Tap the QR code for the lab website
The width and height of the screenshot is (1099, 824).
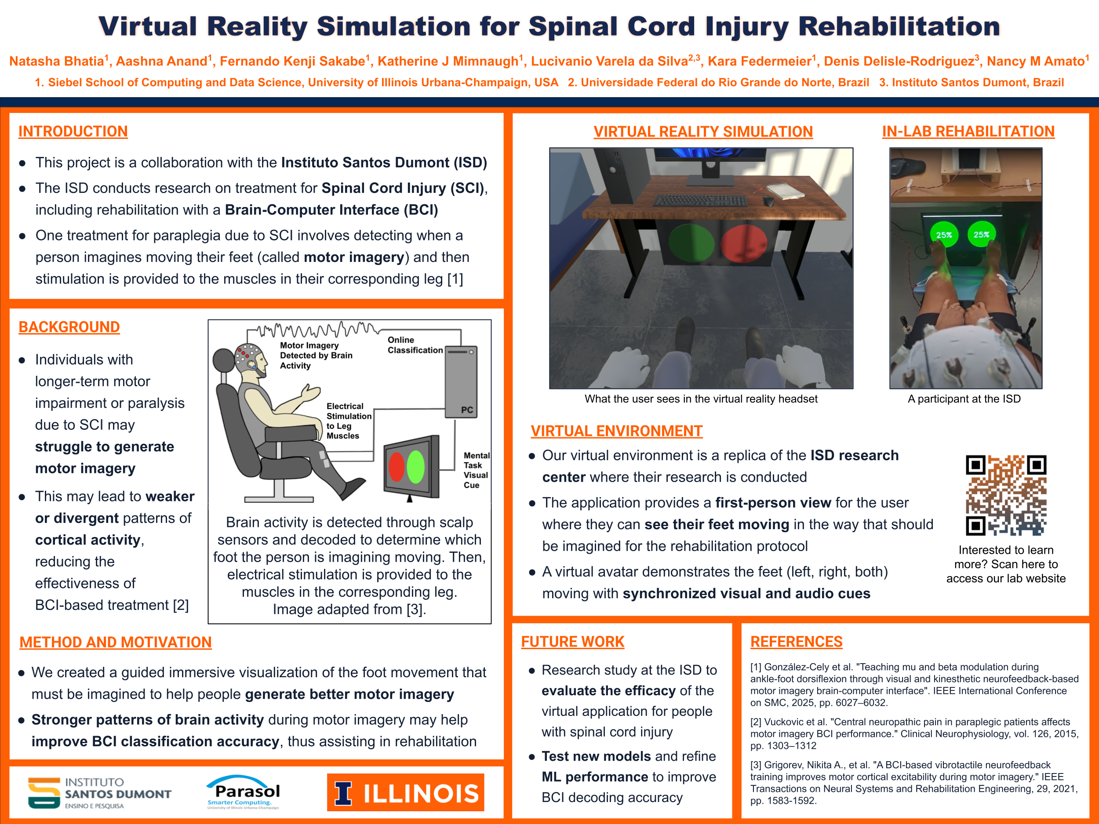pos(1006,495)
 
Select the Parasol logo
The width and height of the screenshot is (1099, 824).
pos(244,792)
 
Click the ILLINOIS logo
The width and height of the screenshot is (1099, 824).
pos(405,792)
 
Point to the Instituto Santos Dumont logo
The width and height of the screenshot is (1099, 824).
pos(99,793)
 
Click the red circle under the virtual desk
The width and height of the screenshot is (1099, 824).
pos(743,243)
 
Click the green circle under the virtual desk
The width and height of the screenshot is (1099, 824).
pos(691,243)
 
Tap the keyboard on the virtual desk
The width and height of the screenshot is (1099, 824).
pos(700,201)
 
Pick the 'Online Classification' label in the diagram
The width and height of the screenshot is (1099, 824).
pos(415,345)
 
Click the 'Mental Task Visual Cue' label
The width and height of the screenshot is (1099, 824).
pos(476,470)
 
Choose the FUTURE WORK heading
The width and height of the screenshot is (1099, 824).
pos(572,642)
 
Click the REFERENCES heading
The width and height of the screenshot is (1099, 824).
pos(796,642)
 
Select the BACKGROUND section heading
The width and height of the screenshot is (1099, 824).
pos(69,327)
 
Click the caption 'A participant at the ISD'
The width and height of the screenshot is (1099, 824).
pos(964,399)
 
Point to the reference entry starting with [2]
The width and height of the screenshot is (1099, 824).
pos(914,733)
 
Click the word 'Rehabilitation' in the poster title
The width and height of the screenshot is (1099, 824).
pos(899,26)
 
